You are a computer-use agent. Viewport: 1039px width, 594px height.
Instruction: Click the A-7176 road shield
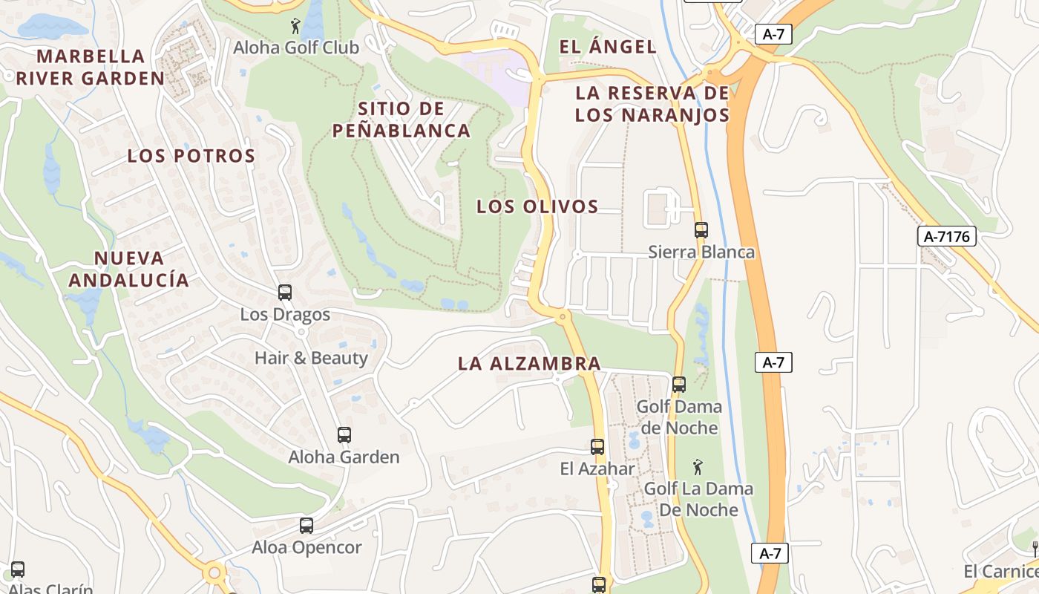tap(946, 236)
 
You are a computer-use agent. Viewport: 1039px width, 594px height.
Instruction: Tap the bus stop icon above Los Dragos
tap(285, 293)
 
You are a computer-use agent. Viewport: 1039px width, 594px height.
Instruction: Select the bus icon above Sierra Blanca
tap(701, 230)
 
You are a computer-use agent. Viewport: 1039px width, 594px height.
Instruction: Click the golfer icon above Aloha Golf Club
tap(296, 27)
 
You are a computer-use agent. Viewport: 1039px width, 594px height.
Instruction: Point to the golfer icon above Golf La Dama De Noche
tap(698, 468)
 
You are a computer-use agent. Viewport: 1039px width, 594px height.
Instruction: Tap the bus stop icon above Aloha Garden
tap(344, 435)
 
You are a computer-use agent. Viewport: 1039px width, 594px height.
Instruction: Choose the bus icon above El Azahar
tap(597, 447)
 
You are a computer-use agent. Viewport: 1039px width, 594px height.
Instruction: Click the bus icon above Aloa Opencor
tap(307, 526)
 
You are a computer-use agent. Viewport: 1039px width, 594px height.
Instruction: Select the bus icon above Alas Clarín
tap(18, 569)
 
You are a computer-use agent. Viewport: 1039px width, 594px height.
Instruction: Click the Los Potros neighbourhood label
tap(191, 156)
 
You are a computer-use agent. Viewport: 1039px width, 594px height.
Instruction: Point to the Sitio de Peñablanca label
tap(401, 120)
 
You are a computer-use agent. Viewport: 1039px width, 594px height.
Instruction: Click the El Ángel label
tap(608, 47)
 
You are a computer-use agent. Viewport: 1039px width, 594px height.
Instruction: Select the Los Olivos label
tap(537, 206)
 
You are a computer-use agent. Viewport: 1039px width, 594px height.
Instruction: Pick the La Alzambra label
tap(529, 363)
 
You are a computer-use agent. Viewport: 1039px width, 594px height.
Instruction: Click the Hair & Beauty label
tap(311, 358)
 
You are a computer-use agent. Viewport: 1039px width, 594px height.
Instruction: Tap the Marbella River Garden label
tap(91, 67)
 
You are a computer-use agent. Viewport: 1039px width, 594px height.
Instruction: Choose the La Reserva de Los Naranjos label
tap(652, 104)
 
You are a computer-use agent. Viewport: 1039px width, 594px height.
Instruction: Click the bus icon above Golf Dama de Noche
tap(679, 385)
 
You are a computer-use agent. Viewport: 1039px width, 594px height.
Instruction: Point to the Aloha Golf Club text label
tap(296, 48)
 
